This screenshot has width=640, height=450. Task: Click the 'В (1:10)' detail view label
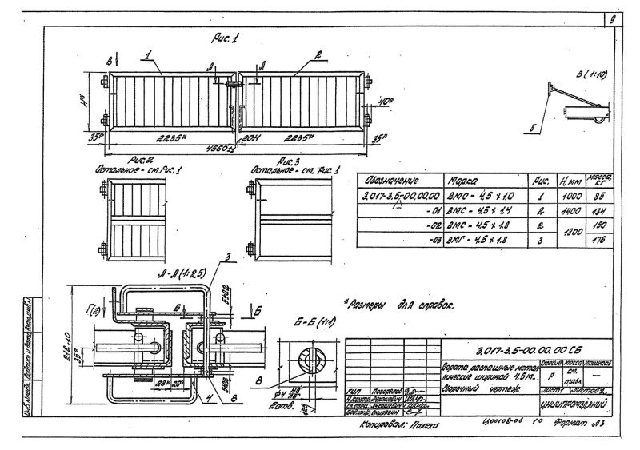(x=590, y=77)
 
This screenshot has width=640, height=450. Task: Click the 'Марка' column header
(x=471, y=180)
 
